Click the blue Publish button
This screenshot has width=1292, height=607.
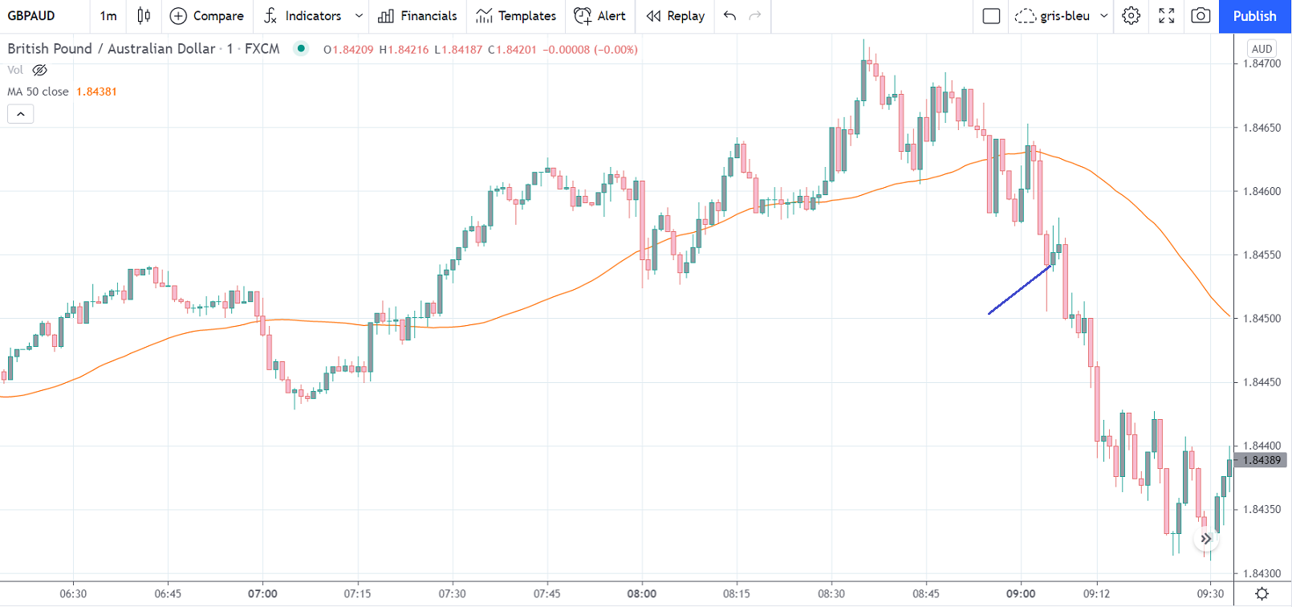tap(1254, 16)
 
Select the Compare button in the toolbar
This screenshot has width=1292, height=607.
tap(207, 16)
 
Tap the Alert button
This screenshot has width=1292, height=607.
tap(600, 16)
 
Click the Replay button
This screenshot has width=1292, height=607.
tap(676, 16)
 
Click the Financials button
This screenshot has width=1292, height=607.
tap(417, 16)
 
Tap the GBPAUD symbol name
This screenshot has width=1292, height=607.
tap(31, 16)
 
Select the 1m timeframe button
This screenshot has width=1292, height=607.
tap(108, 16)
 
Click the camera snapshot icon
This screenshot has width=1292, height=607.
tap(1201, 16)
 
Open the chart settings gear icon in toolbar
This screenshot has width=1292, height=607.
tap(1131, 16)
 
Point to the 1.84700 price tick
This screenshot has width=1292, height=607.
tap(1262, 64)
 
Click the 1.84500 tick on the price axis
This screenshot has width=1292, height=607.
tap(1262, 319)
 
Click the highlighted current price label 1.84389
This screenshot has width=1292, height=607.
tap(1262, 460)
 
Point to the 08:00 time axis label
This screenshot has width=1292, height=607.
tap(642, 594)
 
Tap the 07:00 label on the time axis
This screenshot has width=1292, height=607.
tap(262, 594)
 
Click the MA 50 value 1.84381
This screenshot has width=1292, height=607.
tap(96, 92)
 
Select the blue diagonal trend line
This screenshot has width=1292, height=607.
tap(1020, 289)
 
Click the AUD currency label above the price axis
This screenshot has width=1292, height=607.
tap(1262, 49)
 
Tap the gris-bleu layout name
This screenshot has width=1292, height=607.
tap(1065, 16)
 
